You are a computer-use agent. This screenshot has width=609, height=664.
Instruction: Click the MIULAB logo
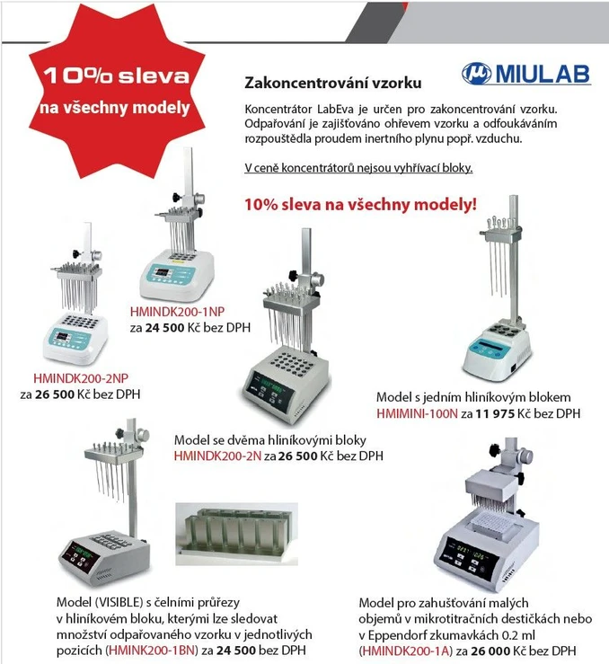click(x=526, y=74)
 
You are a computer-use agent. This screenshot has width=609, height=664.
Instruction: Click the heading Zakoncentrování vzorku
click(x=333, y=83)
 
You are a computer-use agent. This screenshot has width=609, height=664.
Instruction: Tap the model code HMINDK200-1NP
click(x=177, y=312)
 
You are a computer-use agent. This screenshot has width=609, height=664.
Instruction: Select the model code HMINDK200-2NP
click(x=81, y=378)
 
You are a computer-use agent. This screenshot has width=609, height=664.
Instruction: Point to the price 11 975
click(x=495, y=413)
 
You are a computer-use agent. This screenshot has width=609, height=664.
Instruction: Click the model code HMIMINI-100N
click(x=417, y=413)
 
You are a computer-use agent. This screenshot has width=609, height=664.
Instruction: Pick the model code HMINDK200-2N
click(x=217, y=456)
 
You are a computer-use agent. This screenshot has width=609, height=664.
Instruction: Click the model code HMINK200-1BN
click(x=153, y=650)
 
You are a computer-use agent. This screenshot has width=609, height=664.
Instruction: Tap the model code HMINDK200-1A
click(x=407, y=651)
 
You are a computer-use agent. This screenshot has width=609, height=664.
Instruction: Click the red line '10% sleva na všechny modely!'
click(x=360, y=205)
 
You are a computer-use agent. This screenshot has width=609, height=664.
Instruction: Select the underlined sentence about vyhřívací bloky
click(x=358, y=168)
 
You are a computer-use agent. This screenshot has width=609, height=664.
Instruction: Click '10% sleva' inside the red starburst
click(x=116, y=75)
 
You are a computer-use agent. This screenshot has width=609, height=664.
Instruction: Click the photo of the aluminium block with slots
click(x=236, y=534)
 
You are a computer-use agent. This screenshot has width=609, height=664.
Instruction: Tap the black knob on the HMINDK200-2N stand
click(x=293, y=275)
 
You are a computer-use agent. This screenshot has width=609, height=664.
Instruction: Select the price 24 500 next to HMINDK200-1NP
click(x=164, y=328)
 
